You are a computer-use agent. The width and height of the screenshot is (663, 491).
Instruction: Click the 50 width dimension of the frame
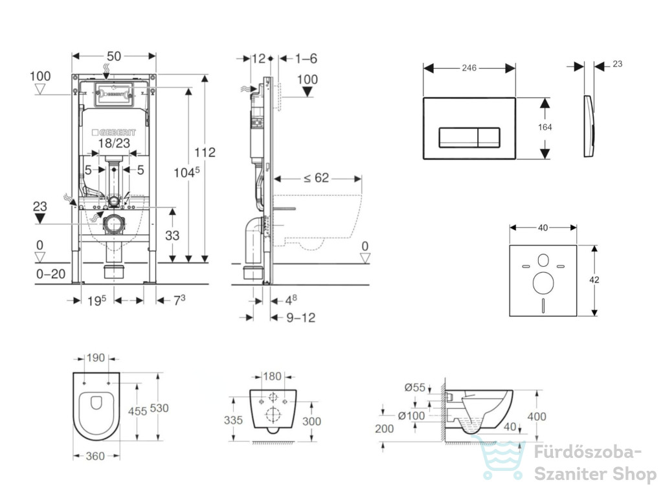click(x=114, y=56)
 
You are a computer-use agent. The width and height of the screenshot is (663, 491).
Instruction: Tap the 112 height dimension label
click(x=205, y=152)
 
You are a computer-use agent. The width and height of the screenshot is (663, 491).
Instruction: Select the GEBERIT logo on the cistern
click(x=114, y=133)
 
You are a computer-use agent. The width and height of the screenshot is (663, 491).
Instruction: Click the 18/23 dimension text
click(x=114, y=143)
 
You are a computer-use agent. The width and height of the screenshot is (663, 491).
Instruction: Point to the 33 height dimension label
click(x=172, y=235)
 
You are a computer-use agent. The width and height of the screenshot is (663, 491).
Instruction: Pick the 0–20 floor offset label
click(x=51, y=274)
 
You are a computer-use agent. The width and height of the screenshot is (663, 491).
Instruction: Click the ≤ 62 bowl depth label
click(x=316, y=178)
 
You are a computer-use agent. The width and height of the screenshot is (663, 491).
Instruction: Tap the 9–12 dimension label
click(x=300, y=317)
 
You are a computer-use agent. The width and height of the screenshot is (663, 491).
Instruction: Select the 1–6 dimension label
click(x=306, y=58)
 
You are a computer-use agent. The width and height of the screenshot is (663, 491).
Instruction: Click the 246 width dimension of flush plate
click(x=469, y=67)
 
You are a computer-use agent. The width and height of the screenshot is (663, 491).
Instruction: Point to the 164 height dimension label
click(x=545, y=128)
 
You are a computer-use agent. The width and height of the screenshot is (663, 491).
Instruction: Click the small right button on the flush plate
click(x=489, y=137)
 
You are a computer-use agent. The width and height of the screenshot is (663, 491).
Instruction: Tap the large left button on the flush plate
click(x=458, y=137)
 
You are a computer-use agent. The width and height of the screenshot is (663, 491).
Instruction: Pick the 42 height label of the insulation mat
click(x=594, y=280)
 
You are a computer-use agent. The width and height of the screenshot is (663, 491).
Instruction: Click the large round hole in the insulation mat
click(x=543, y=283)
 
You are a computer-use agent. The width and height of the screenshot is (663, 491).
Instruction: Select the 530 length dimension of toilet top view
click(x=159, y=408)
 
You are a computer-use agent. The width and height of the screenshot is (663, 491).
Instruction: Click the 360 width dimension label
click(x=95, y=456)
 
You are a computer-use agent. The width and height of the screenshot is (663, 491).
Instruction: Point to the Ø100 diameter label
click(x=411, y=416)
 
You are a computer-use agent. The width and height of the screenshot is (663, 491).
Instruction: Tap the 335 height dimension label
click(x=233, y=420)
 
